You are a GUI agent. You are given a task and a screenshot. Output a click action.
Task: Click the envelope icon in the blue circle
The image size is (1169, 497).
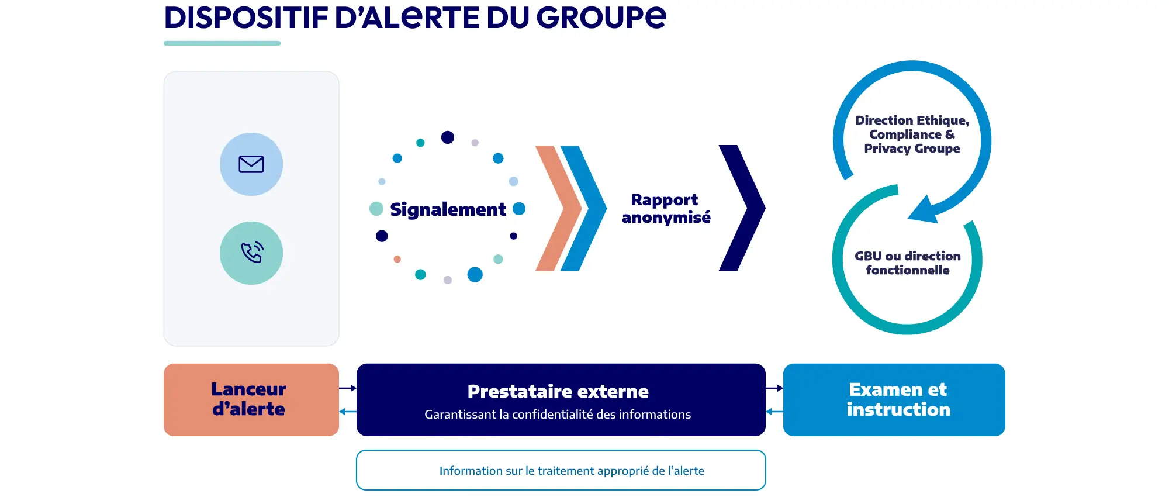click(251, 164)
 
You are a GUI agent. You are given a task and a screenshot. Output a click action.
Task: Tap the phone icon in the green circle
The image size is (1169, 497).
click(252, 253)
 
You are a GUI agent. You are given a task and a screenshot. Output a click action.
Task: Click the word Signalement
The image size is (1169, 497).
click(448, 209)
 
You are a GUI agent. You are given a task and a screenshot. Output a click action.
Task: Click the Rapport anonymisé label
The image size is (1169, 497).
click(666, 209)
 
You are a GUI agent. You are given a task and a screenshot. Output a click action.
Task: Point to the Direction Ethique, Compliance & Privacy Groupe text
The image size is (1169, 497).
click(912, 134)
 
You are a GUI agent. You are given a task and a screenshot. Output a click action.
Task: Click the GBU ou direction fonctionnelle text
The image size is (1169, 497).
click(908, 263)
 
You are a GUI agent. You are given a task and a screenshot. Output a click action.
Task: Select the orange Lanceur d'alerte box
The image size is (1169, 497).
click(251, 400)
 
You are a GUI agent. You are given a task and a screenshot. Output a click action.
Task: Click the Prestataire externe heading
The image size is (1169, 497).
click(558, 391)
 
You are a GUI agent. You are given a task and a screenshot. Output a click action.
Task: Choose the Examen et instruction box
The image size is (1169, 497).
click(894, 400)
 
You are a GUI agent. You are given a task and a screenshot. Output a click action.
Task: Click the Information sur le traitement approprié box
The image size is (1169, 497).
click(561, 470)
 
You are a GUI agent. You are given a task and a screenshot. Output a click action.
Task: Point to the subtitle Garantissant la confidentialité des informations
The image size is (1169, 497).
click(558, 415)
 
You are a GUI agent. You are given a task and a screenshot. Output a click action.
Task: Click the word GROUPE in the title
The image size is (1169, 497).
click(601, 17)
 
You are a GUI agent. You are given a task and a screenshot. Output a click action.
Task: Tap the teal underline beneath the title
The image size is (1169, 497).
click(222, 43)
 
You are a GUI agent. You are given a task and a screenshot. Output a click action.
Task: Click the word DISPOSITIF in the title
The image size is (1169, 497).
click(246, 17)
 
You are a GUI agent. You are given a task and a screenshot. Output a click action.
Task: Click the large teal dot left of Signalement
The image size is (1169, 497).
click(376, 209)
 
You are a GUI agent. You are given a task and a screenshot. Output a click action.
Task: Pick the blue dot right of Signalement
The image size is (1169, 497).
click(519, 209)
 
